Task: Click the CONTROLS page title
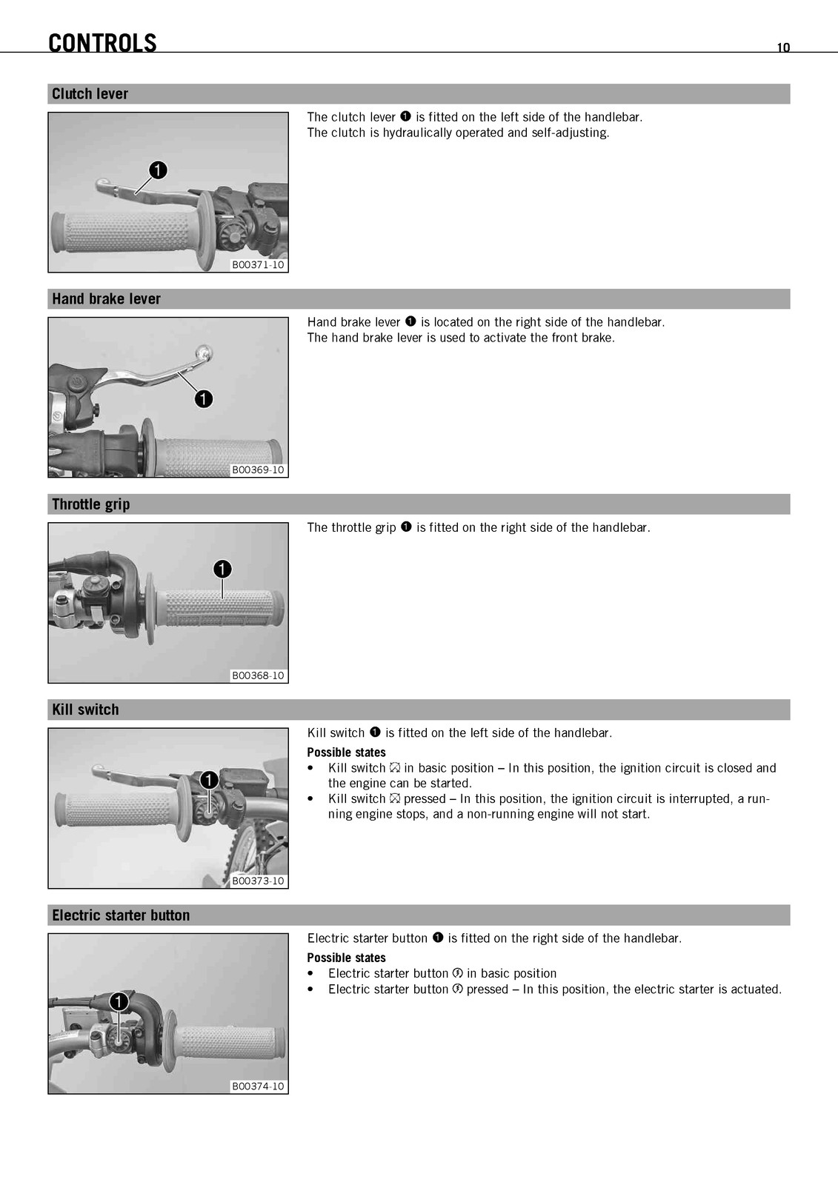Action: (102, 43)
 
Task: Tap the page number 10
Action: (783, 47)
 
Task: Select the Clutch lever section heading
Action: (90, 93)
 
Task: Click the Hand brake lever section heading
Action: (106, 299)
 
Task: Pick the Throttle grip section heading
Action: (90, 504)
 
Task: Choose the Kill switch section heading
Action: (85, 710)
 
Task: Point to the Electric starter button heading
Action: (121, 915)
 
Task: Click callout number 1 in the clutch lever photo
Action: (158, 170)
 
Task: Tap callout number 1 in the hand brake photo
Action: (204, 399)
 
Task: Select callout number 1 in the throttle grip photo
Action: (222, 570)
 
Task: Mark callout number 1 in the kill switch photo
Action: (208, 781)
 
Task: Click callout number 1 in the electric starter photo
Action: (119, 1001)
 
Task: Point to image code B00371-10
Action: (258, 265)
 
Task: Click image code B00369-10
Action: (258, 470)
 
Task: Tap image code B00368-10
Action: (258, 675)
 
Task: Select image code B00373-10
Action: (258, 881)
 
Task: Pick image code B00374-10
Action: (258, 1086)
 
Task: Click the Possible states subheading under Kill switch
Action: (346, 752)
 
